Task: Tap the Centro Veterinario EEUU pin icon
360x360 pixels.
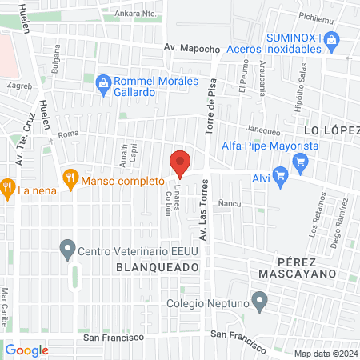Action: tap(68, 250)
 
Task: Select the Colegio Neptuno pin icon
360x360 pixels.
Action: tap(259, 302)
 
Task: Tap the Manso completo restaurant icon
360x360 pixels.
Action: tap(70, 178)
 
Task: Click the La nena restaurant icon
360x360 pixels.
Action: tap(8, 190)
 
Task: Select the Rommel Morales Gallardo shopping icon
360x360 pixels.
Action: tap(103, 82)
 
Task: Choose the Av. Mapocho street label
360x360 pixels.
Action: tap(191, 49)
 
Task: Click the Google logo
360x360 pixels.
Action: tap(26, 350)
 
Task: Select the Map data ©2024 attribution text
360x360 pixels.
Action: tap(325, 354)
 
